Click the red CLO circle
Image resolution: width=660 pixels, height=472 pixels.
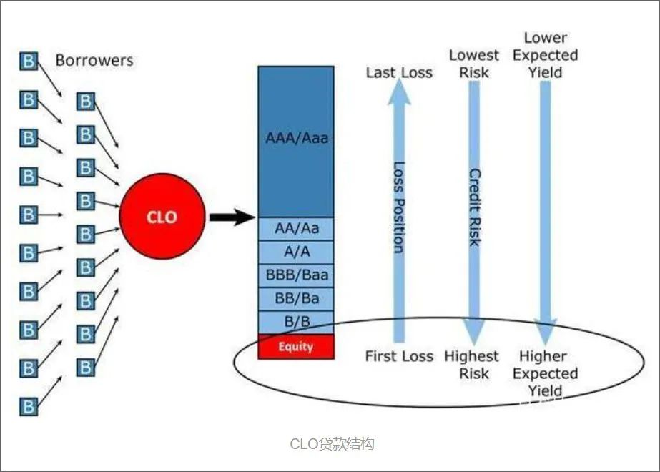[x=162, y=217]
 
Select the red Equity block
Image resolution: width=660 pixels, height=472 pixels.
[x=296, y=347]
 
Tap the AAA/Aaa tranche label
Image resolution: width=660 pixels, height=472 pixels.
[x=297, y=138]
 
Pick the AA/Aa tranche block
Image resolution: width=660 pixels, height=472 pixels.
[x=296, y=229]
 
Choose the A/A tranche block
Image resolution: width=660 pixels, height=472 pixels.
[x=296, y=252]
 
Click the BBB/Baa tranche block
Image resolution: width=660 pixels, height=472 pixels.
[x=296, y=275]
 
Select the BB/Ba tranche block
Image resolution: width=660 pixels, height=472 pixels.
[x=296, y=298]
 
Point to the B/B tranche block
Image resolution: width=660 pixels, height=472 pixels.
[x=296, y=322]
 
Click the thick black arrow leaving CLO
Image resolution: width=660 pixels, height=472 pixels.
[x=232, y=217]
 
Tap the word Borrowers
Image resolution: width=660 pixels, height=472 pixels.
[x=94, y=60]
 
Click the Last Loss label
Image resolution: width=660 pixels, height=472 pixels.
[x=399, y=72]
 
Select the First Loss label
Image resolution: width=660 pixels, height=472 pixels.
[x=399, y=356]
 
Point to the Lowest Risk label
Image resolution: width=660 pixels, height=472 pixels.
[x=474, y=64]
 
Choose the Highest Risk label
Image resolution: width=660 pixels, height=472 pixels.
[x=472, y=365]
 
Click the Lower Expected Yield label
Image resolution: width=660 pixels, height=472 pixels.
[x=546, y=55]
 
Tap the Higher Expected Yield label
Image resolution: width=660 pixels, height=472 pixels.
[x=546, y=373]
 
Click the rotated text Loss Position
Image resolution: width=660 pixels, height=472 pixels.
[x=398, y=207]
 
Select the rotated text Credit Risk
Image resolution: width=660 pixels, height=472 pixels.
[x=475, y=207]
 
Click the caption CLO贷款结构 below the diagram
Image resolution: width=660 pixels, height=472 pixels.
[x=332, y=444]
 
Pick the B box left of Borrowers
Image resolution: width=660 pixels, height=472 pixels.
[x=29, y=61]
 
